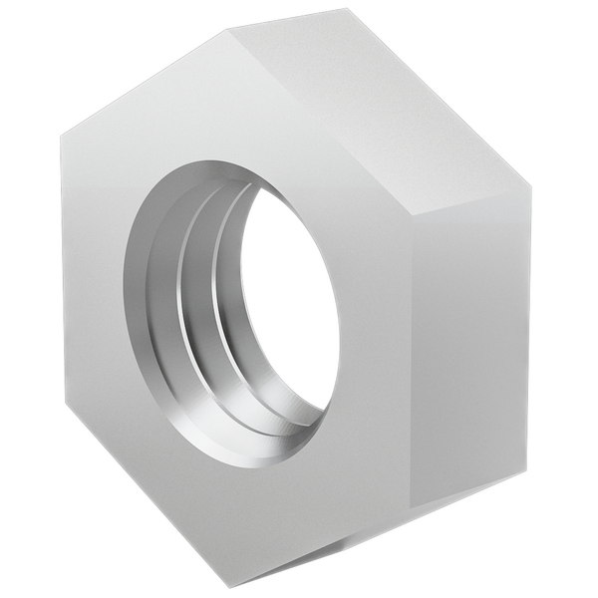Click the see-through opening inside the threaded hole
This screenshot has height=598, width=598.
289,299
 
